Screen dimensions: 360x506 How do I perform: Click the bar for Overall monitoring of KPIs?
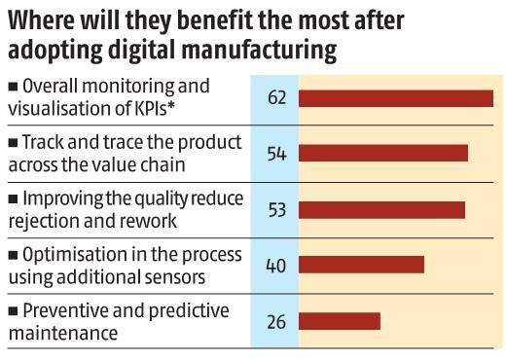click(396, 97)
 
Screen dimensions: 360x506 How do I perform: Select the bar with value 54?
click(383, 153)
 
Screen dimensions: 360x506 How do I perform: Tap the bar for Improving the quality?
click(381, 209)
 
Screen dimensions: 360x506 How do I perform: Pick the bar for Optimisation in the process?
click(361, 265)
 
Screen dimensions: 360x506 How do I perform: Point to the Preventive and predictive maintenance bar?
click(339, 320)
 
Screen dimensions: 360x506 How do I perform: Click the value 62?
click(275, 97)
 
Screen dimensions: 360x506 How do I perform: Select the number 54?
click(275, 153)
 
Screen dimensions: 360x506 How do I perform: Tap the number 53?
click(275, 209)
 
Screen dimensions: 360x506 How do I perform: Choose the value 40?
click(275, 265)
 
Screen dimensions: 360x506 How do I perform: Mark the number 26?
click(275, 320)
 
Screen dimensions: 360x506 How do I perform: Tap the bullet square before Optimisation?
click(12, 255)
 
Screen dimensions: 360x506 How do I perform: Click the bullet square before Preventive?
click(12, 311)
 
